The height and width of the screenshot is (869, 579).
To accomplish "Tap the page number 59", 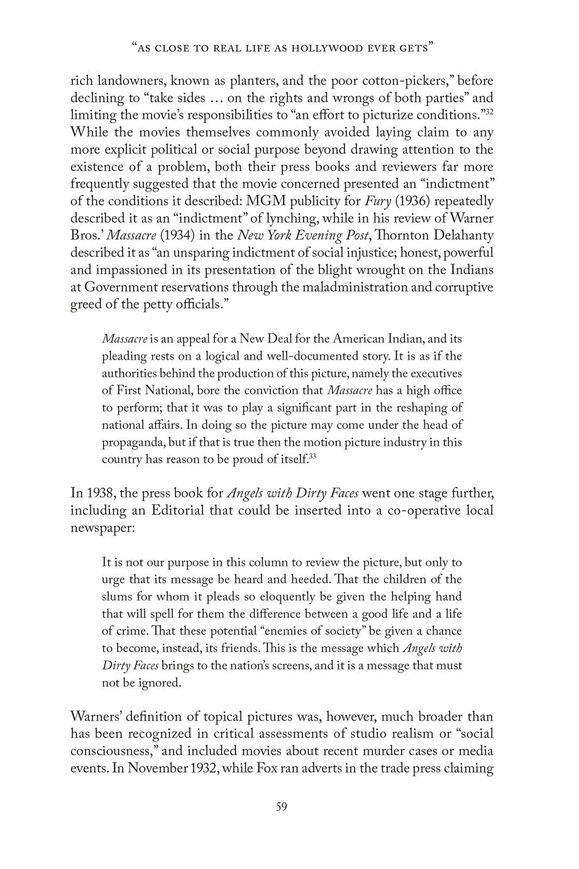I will (x=282, y=807).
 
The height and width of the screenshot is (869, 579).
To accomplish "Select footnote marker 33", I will (x=312, y=455).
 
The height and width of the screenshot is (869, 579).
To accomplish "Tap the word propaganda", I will (x=131, y=442).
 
